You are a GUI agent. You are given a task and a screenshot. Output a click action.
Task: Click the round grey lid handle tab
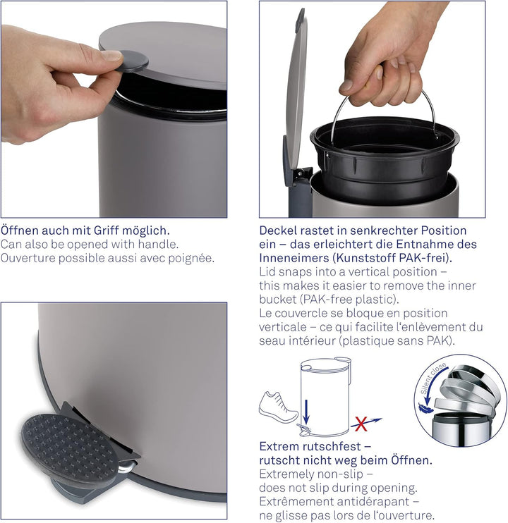(133, 60)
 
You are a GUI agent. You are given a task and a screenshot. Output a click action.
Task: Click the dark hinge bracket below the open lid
(300, 190)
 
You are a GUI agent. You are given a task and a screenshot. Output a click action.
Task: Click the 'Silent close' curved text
(433, 381)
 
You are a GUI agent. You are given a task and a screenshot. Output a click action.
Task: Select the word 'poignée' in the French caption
(190, 257)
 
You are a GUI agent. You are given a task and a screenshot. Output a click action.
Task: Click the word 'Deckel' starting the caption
(279, 230)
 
